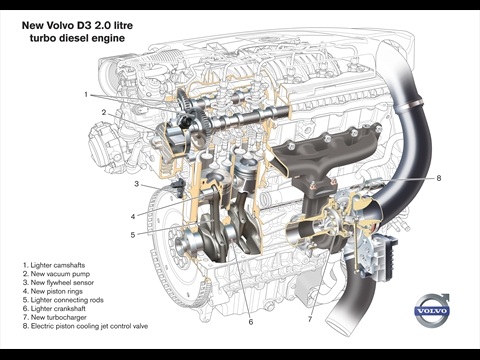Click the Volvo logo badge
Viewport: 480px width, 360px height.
tap(432, 311)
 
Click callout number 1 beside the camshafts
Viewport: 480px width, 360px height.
tap(86, 95)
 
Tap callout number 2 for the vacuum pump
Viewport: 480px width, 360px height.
tap(104, 112)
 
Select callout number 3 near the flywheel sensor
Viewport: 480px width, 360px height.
tap(136, 184)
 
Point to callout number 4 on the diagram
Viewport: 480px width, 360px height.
tap(133, 217)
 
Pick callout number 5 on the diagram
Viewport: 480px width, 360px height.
tap(133, 235)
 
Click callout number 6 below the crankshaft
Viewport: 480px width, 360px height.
tap(251, 322)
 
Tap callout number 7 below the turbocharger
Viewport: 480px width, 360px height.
tap(310, 319)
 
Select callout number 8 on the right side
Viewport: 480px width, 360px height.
tap(439, 178)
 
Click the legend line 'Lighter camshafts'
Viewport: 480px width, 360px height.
tap(54, 265)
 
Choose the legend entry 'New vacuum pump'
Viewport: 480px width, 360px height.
tap(56, 274)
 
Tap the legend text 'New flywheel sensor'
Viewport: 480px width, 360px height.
tap(58, 283)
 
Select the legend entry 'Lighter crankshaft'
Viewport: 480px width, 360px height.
tap(54, 309)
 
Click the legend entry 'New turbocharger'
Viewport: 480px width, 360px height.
tap(55, 317)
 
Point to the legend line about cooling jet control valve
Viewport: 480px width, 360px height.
tap(85, 326)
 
